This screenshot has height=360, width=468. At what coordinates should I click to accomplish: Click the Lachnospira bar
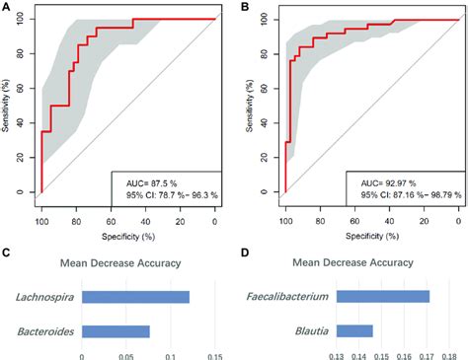click(135, 296)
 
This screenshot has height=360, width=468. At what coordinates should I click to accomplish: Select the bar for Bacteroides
click(116, 330)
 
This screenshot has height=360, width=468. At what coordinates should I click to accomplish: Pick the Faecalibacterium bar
click(383, 296)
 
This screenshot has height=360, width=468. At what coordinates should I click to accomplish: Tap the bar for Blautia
click(354, 330)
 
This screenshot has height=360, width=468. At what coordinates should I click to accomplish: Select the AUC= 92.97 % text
click(386, 182)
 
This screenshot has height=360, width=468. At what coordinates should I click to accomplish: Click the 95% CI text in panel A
click(168, 196)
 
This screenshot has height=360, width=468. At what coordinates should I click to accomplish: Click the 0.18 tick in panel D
click(449, 355)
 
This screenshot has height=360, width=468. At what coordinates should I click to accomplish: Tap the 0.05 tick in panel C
click(126, 355)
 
